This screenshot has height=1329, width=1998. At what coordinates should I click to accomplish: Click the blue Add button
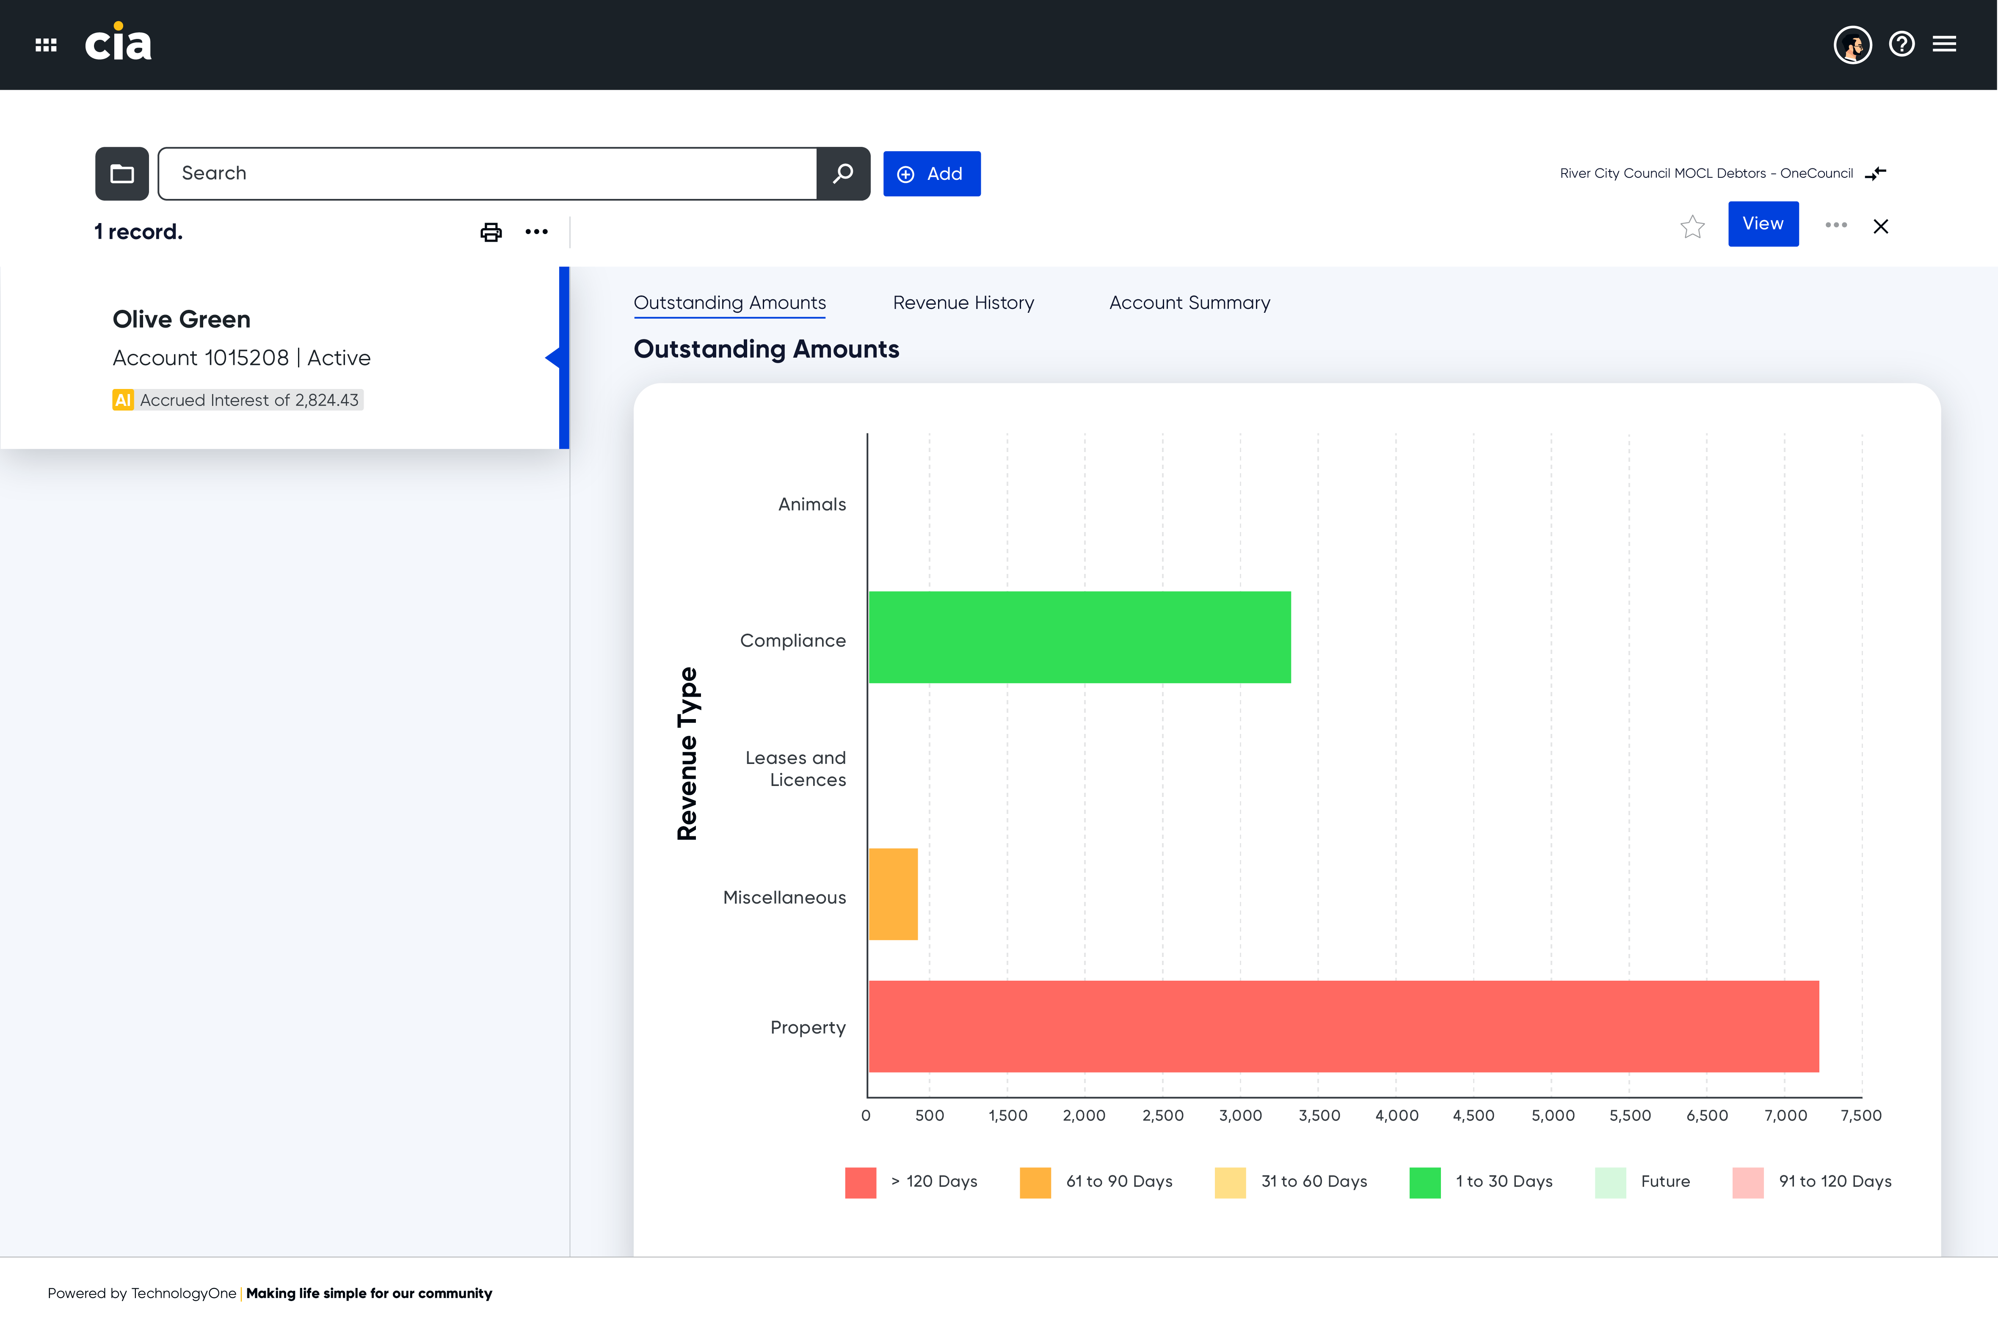932,174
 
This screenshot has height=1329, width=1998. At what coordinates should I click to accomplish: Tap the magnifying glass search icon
843,174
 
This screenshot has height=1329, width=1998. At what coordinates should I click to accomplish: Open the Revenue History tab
963,303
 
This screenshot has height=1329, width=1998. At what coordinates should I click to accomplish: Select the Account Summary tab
1189,303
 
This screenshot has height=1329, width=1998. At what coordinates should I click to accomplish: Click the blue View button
1763,224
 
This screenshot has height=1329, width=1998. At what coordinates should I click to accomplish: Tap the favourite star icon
1692,226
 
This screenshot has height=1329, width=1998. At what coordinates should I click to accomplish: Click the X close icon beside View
1880,226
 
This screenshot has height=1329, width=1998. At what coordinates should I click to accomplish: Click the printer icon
491,232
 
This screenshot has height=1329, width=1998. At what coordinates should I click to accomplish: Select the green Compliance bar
1079,637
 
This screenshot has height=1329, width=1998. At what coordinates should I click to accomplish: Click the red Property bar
1344,1026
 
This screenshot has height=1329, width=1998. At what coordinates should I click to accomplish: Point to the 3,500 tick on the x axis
1319,1115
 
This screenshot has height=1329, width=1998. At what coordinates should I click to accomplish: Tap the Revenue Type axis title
687,753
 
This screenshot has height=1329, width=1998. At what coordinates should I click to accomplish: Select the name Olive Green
182,320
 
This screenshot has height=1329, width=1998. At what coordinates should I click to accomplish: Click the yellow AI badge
123,400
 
